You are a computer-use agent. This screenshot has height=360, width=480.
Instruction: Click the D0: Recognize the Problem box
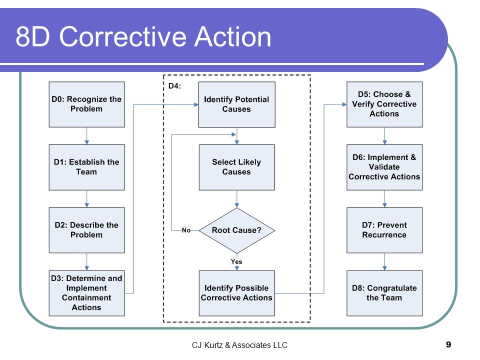(x=87, y=104)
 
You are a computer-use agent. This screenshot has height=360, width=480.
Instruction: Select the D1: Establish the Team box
(x=87, y=167)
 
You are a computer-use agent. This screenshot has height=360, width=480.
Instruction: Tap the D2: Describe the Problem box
(x=87, y=230)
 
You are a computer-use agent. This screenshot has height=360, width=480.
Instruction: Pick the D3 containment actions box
(x=87, y=293)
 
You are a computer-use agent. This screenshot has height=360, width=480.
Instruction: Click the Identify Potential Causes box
(x=237, y=104)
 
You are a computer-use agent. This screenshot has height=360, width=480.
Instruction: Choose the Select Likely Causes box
(x=237, y=167)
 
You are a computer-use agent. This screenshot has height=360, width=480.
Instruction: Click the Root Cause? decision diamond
(x=237, y=230)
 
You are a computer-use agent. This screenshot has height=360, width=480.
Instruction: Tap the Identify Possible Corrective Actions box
(x=237, y=293)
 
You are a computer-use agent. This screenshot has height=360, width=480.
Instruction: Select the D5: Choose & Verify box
(x=384, y=104)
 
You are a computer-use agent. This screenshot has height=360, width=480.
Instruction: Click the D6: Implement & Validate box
(x=384, y=167)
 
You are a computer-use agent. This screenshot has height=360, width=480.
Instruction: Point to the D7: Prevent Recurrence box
(x=384, y=230)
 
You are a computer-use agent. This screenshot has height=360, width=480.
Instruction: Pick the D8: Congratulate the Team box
(x=384, y=293)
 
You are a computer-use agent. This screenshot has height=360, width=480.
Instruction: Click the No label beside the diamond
(x=186, y=230)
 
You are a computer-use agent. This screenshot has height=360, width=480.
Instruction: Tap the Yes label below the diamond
(x=236, y=261)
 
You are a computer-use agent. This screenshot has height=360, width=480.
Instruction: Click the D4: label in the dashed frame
(x=175, y=86)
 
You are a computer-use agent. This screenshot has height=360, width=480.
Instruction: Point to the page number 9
(x=448, y=344)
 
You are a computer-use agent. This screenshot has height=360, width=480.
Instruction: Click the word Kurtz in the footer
(x=213, y=345)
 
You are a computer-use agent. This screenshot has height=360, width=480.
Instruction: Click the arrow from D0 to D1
(x=87, y=136)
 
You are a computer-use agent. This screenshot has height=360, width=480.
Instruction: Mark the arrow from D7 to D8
(x=385, y=261)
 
